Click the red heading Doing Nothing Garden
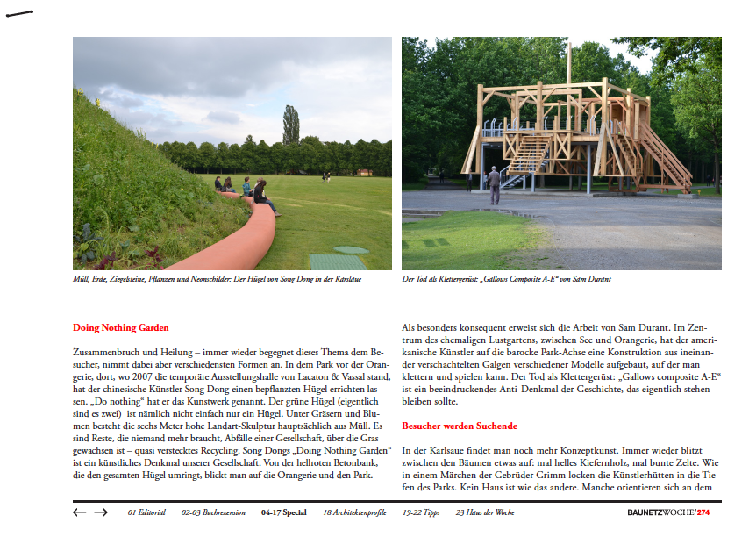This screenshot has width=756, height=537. (120, 327)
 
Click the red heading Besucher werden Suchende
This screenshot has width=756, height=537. (460, 426)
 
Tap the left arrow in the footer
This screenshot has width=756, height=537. (80, 512)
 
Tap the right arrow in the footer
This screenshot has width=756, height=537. (101, 512)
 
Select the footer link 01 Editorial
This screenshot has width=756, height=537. (146, 512)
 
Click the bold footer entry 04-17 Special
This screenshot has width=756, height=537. (283, 512)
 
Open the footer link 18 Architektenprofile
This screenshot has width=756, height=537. (356, 512)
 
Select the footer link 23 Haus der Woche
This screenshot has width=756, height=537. (485, 512)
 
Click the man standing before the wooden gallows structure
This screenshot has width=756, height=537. (494, 184)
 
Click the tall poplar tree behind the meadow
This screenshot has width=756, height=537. (290, 124)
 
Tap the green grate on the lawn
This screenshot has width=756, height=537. (337, 261)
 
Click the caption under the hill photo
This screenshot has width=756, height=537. (217, 279)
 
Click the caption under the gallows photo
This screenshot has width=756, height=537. (506, 279)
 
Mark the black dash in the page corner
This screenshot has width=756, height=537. (19, 14)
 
